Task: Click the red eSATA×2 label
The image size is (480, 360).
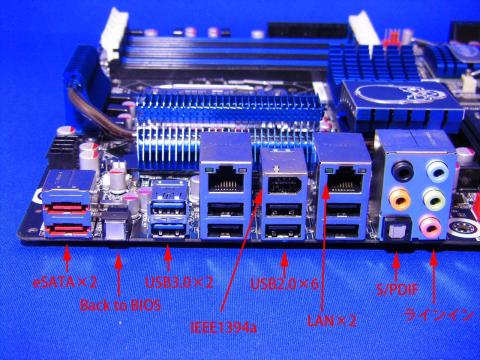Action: point(65,283)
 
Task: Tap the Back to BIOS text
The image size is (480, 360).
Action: point(120,305)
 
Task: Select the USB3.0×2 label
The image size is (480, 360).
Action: point(179,283)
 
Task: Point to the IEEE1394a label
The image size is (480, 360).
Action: point(223,327)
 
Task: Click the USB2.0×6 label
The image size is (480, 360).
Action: point(284,284)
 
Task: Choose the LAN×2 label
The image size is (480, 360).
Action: point(332,321)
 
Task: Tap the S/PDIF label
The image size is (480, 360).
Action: point(397,289)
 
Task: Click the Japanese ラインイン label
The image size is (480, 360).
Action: point(439,315)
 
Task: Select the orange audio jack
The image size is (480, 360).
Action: point(400,199)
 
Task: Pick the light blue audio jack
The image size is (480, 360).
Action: point(438,171)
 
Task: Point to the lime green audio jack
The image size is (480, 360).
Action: point(434,199)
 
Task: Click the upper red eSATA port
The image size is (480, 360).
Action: point(66,209)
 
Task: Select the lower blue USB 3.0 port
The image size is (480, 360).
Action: point(168,230)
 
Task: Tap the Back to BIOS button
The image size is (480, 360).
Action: point(115,228)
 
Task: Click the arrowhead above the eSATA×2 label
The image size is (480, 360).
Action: point(67,256)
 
